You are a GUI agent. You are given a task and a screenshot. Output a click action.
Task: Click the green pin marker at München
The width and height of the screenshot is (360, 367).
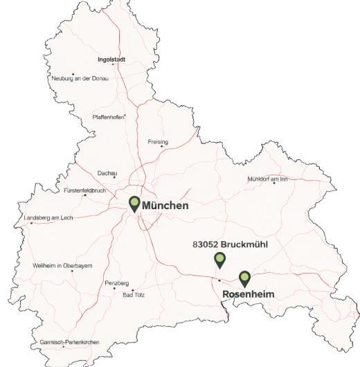(134, 204)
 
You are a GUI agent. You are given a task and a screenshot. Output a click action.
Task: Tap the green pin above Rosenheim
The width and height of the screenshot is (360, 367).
(244, 278)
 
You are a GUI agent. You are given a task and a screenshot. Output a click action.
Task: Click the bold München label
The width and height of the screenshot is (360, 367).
(165, 206)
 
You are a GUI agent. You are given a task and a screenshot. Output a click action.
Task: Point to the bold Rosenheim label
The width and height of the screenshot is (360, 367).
(249, 294)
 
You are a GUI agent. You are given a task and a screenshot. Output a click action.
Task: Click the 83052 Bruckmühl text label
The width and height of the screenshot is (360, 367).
(229, 244)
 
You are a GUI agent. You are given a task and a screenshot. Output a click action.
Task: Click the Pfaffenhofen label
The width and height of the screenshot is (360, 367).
(108, 117)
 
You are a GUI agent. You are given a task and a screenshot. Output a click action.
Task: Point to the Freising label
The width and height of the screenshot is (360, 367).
(158, 142)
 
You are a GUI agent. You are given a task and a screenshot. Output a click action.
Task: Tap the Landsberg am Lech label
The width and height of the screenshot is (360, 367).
(48, 217)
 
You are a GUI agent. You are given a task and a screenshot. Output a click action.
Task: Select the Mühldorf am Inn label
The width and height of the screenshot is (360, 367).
(267, 179)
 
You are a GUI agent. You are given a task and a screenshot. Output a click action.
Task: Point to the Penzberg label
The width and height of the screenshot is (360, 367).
(116, 283)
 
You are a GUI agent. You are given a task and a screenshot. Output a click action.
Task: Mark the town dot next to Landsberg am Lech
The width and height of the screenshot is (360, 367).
(31, 223)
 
